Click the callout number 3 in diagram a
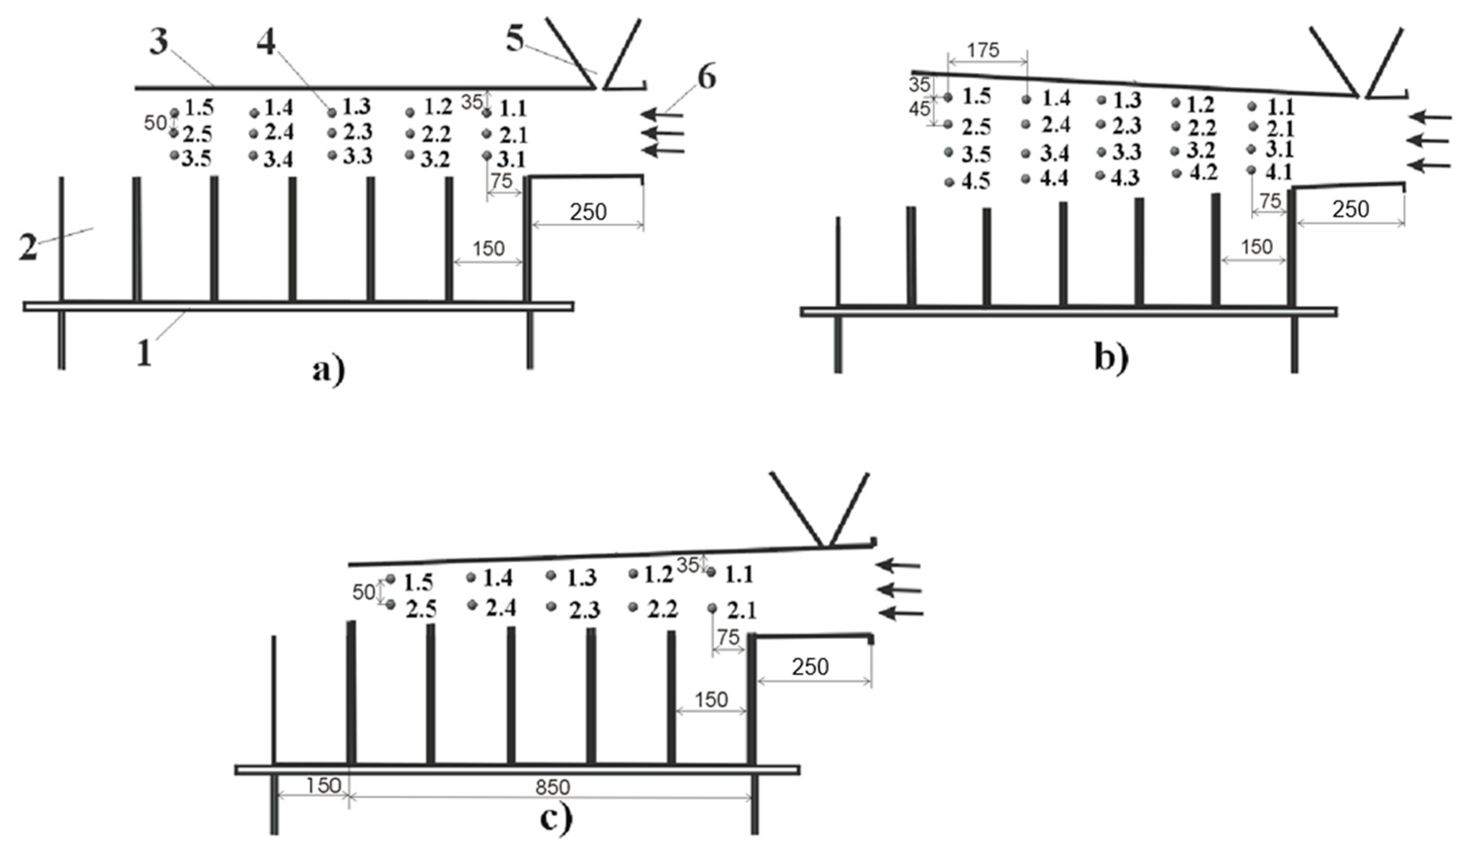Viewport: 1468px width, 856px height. click(158, 42)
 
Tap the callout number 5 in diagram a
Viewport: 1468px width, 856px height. click(514, 40)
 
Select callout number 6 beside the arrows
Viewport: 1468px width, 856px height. click(707, 78)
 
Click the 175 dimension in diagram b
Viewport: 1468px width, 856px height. click(983, 51)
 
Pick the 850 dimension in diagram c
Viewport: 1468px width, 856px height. click(552, 787)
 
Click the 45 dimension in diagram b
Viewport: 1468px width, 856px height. click(920, 109)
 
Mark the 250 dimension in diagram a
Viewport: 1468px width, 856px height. click(588, 212)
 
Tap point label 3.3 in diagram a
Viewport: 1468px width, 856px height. click(357, 156)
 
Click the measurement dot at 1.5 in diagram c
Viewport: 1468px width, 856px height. click(390, 579)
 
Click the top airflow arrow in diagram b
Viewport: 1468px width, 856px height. click(1432, 118)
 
